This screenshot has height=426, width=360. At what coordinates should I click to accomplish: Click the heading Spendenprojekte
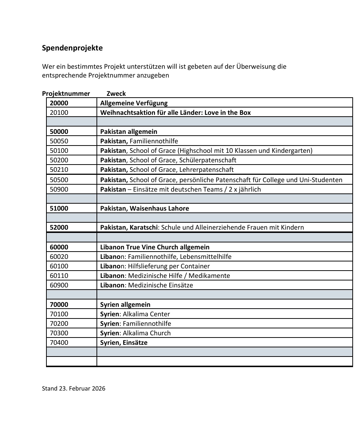click(x=72, y=48)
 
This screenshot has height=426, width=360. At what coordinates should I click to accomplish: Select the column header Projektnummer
click(x=66, y=93)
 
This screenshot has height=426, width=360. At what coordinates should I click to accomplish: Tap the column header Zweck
click(x=116, y=93)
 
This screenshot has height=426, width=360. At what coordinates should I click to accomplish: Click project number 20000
click(x=59, y=103)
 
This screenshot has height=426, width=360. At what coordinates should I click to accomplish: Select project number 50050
click(x=59, y=141)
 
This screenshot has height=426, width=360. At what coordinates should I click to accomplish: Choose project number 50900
click(x=59, y=189)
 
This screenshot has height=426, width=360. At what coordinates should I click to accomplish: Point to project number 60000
click(x=59, y=247)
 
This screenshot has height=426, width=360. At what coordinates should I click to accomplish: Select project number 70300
click(x=59, y=333)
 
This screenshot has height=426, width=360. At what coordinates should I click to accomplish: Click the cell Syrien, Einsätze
click(x=124, y=343)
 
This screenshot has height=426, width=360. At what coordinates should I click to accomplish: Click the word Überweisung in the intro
click(x=256, y=67)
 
